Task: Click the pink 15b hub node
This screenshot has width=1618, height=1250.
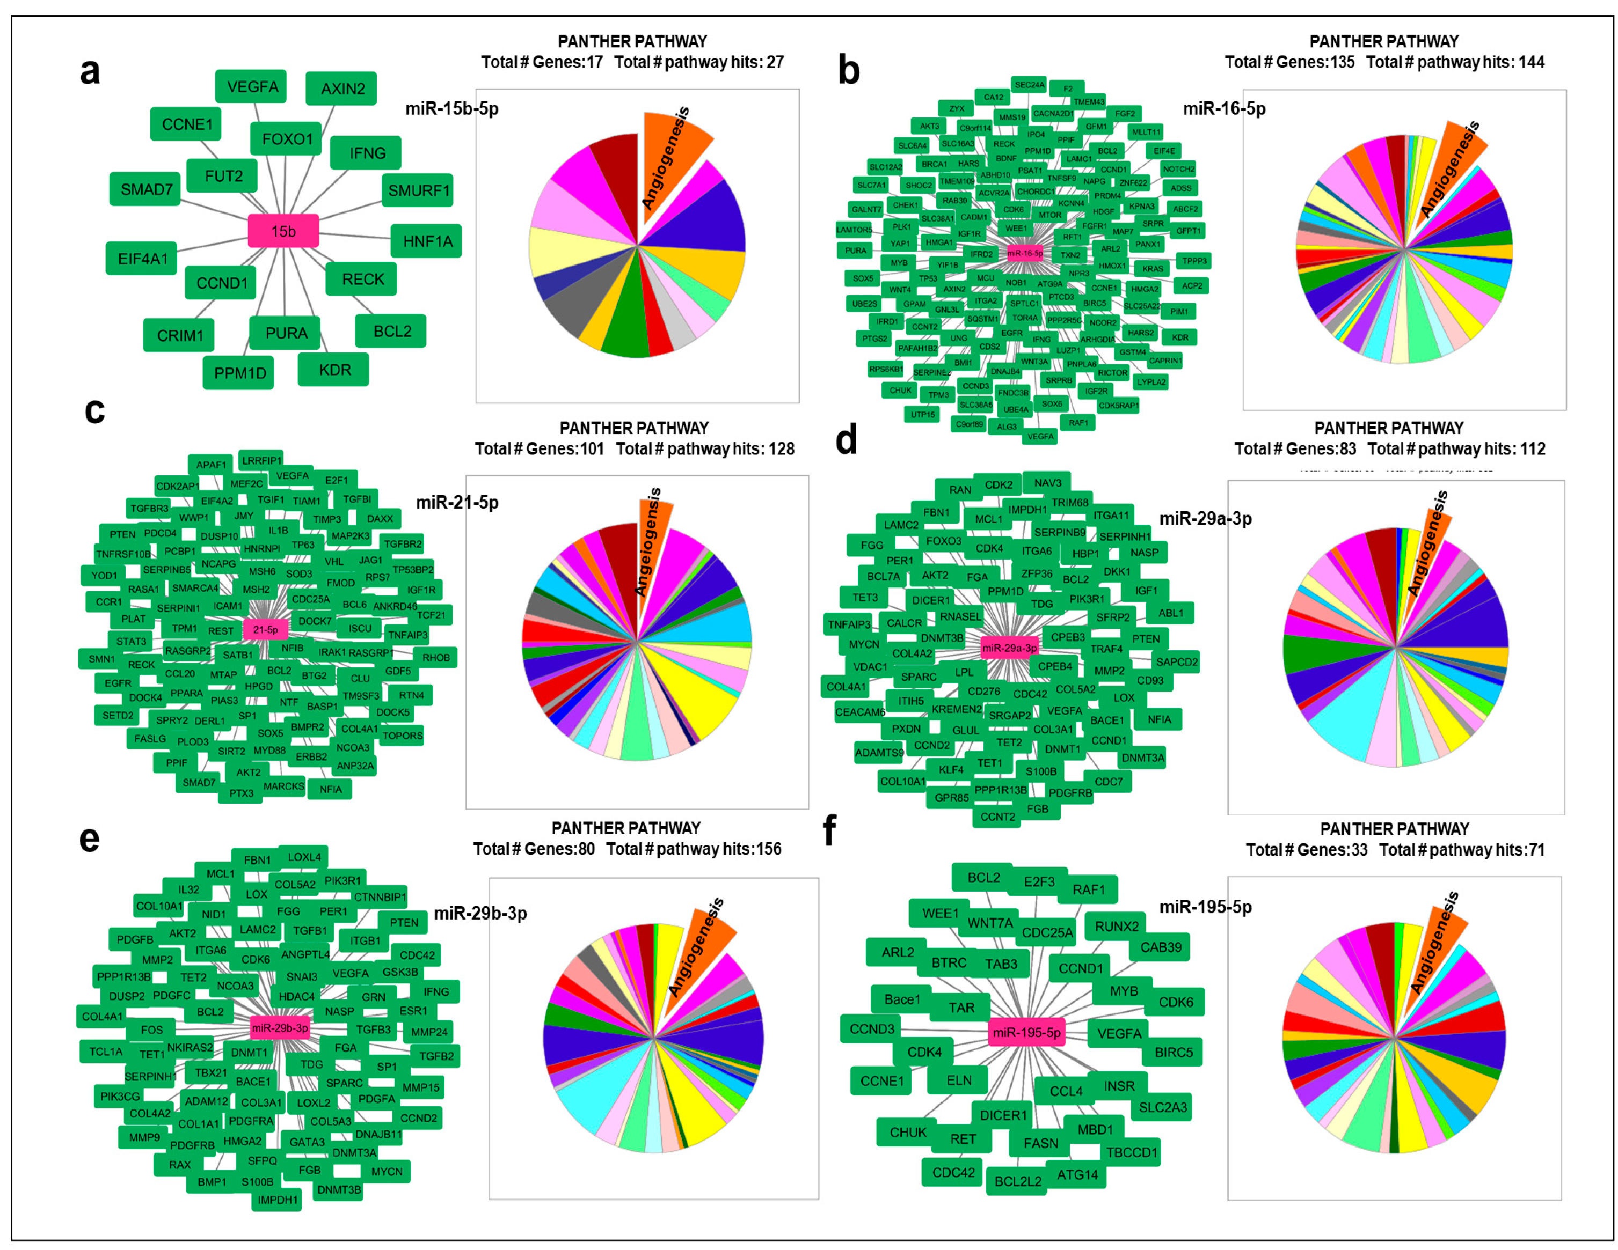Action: click(x=283, y=231)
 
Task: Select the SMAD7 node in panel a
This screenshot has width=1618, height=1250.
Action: click(x=146, y=189)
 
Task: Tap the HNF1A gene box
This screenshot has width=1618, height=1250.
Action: click(x=427, y=241)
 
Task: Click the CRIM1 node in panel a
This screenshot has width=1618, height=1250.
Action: click(x=179, y=335)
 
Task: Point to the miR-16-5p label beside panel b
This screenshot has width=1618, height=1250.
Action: click(x=1224, y=109)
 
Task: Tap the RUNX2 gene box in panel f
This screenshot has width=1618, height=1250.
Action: click(x=1117, y=927)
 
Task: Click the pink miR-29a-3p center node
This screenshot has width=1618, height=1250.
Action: click(x=1009, y=648)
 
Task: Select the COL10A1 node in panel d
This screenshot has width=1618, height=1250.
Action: click(x=902, y=781)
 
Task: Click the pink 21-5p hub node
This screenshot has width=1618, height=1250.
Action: click(x=265, y=629)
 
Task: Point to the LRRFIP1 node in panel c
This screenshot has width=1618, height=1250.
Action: click(x=261, y=461)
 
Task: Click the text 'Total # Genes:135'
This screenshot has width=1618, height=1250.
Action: click(x=1289, y=62)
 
